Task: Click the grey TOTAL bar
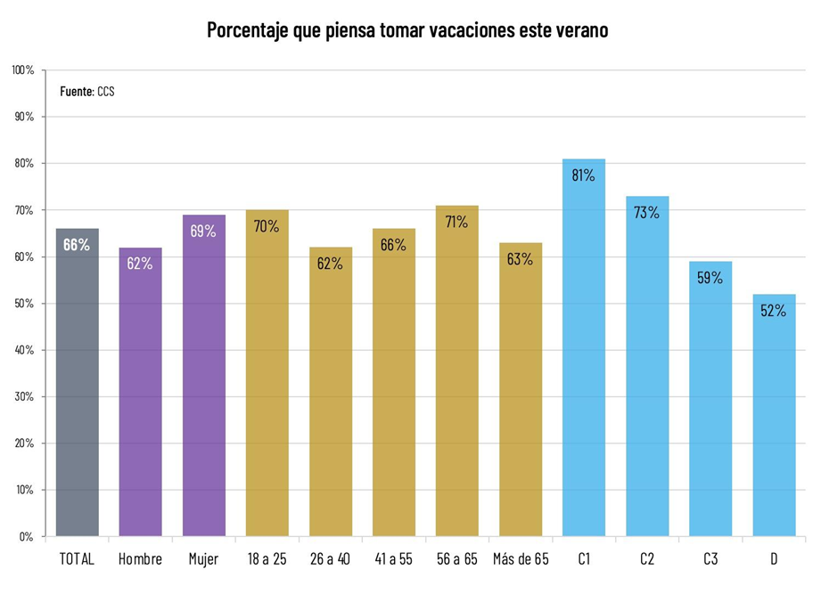(77, 383)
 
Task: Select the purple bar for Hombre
(140, 392)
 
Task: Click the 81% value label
(584, 175)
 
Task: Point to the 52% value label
(774, 311)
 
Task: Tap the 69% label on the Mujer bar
(203, 231)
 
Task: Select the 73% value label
(647, 213)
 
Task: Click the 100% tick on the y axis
(23, 70)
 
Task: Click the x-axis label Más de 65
(521, 560)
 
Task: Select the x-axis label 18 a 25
(267, 560)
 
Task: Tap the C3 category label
(710, 560)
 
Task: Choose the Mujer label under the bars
(203, 560)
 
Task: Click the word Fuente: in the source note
(77, 91)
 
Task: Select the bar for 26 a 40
(331, 392)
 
